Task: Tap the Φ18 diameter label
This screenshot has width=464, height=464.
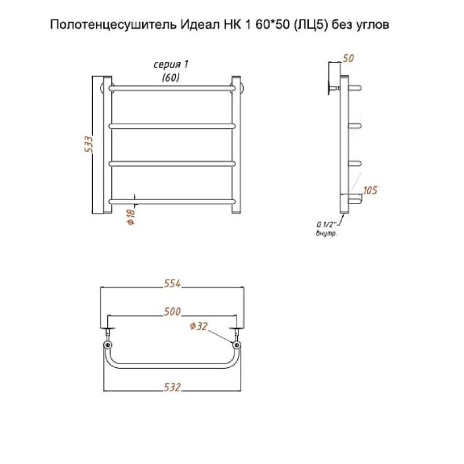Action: point(131,216)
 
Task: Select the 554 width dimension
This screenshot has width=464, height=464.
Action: point(172,284)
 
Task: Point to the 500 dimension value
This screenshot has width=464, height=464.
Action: point(172,311)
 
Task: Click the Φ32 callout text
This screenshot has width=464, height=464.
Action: point(198,326)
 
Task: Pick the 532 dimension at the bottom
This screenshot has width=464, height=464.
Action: point(172,387)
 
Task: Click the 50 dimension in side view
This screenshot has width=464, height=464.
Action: point(349,59)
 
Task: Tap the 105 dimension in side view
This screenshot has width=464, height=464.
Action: point(370,190)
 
